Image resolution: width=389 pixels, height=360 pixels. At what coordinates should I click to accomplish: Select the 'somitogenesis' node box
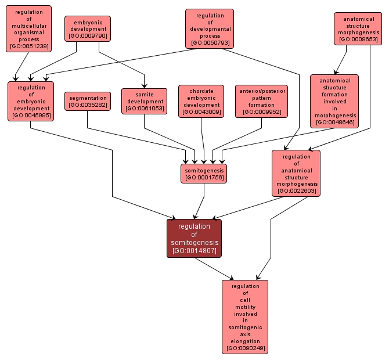point(203,173)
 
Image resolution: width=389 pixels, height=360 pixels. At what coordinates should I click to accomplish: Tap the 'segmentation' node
point(87,101)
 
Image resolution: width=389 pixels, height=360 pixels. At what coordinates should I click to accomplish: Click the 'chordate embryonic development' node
point(201,101)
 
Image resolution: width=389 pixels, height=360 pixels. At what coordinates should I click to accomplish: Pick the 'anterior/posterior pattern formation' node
point(261,101)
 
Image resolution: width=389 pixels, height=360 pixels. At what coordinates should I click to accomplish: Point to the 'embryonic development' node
point(88,28)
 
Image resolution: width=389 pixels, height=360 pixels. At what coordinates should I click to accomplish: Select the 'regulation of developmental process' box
point(210,28)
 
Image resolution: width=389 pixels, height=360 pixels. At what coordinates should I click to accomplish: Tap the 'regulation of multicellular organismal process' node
point(28,28)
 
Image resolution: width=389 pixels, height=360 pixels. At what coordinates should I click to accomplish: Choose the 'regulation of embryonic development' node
point(30,101)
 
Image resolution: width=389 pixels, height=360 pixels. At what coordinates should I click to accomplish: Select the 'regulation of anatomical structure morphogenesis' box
point(296,173)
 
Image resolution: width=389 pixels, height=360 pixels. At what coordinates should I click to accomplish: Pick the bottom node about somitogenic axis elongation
point(245,316)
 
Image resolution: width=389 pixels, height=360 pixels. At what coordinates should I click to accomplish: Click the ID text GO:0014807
point(194,251)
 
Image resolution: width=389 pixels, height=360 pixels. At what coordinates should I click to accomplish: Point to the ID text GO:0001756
point(203,177)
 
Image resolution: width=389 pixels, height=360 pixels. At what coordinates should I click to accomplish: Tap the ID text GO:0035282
point(87,105)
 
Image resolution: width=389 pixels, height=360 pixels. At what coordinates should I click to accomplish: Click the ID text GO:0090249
point(245,348)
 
